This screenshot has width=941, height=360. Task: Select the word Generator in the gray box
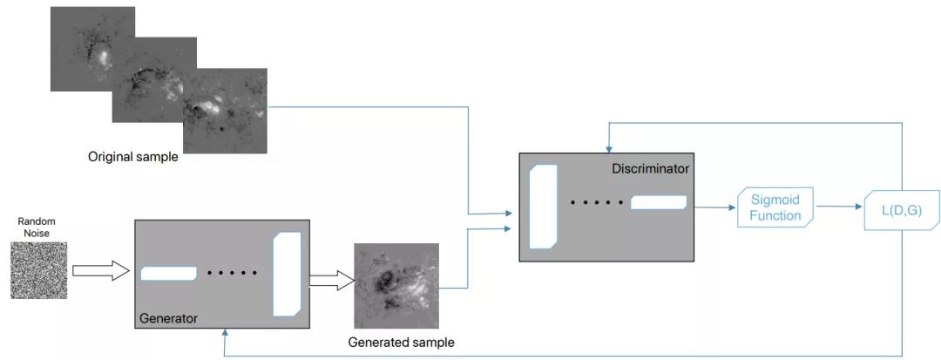click(168, 319)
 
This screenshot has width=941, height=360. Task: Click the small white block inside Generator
click(168, 273)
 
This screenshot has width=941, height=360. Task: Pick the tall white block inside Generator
click(287, 273)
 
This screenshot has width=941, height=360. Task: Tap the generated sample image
click(396, 285)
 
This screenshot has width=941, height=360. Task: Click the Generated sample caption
click(401, 343)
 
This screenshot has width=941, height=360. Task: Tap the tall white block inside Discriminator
click(543, 207)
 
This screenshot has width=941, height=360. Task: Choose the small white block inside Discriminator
click(659, 202)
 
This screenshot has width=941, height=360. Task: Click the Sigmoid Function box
click(775, 207)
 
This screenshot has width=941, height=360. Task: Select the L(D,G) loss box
click(901, 209)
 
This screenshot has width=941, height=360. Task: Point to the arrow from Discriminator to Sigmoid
click(711, 207)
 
